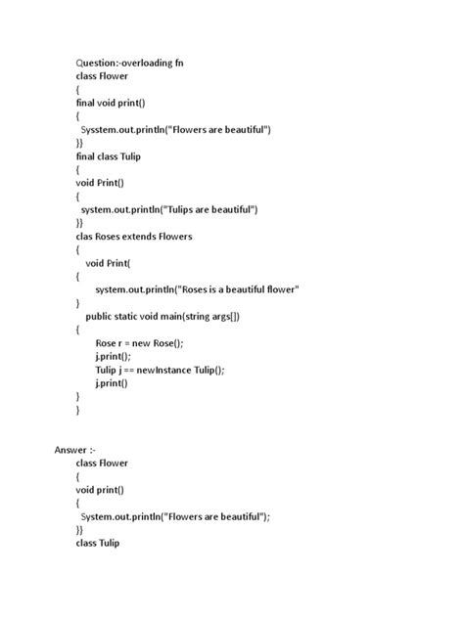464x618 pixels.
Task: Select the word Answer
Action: (x=70, y=449)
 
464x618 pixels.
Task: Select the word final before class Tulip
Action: (x=86, y=155)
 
